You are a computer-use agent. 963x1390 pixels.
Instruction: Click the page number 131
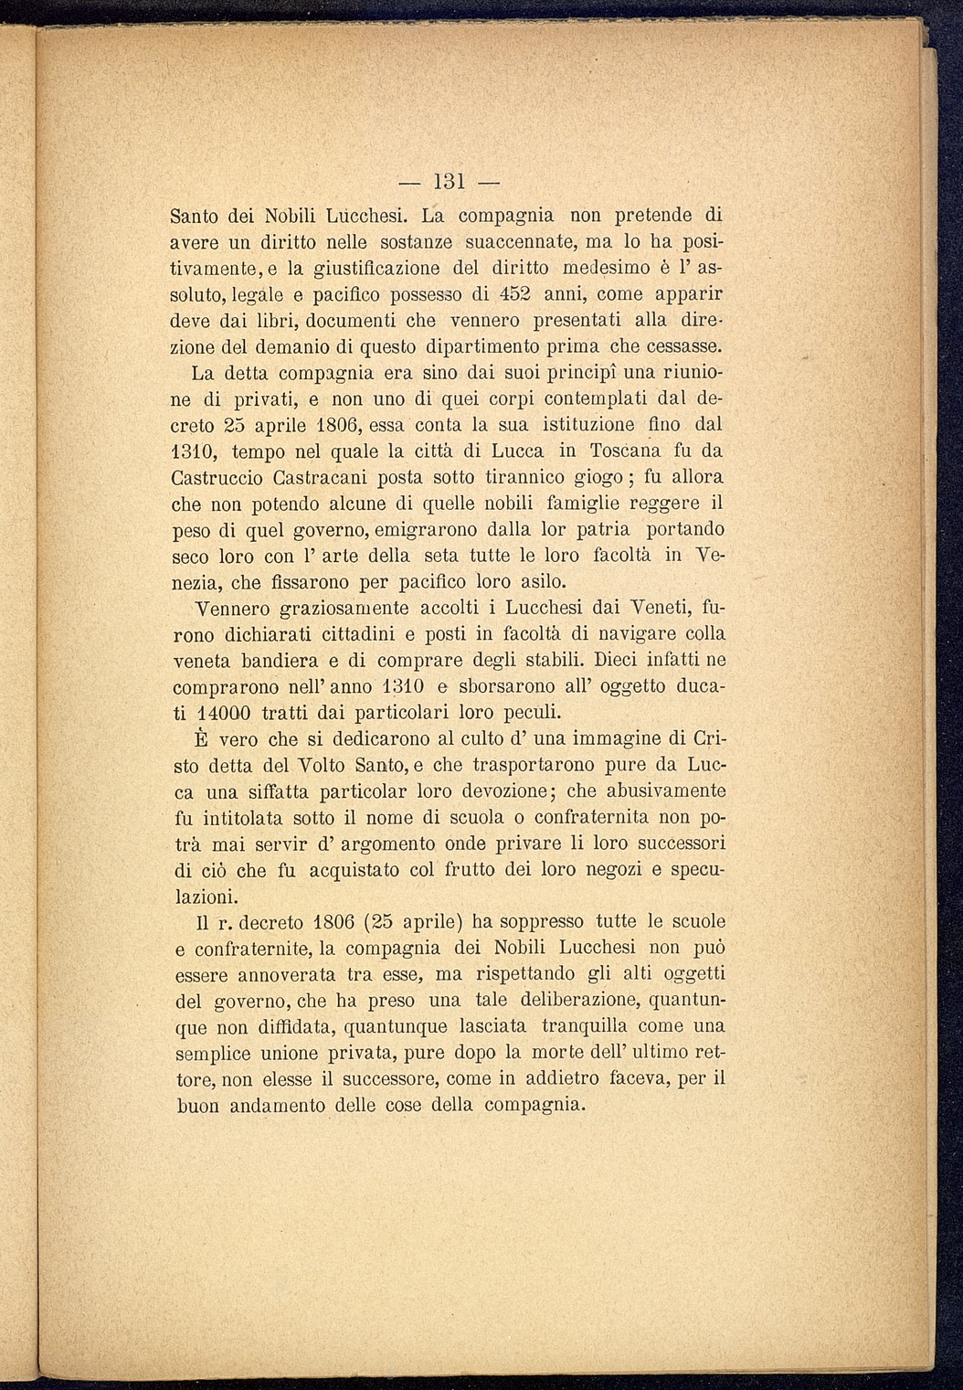tap(450, 177)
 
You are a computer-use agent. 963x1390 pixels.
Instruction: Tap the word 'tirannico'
tap(504, 477)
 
